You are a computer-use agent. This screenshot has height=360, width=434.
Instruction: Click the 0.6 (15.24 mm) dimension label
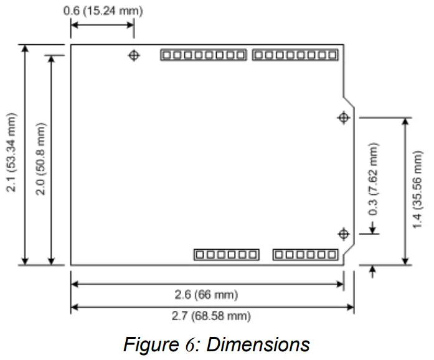click(103, 11)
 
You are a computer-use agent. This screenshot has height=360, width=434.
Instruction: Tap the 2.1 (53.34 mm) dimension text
click(11, 153)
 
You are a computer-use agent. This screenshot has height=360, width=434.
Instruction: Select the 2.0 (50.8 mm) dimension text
click(40, 159)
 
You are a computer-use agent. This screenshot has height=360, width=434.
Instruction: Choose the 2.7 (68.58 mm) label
click(211, 316)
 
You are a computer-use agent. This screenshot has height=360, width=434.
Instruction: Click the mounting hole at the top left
click(133, 55)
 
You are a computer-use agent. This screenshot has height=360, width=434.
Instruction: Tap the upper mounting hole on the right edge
click(343, 117)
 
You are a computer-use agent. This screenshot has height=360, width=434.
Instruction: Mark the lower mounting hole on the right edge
click(343, 234)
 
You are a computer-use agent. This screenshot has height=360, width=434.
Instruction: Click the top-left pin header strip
click(203, 55)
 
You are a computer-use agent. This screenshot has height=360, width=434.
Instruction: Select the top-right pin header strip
click(295, 55)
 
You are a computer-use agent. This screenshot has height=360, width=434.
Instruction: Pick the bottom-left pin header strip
click(225, 254)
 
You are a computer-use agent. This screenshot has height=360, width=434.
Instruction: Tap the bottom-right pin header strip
click(304, 254)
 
